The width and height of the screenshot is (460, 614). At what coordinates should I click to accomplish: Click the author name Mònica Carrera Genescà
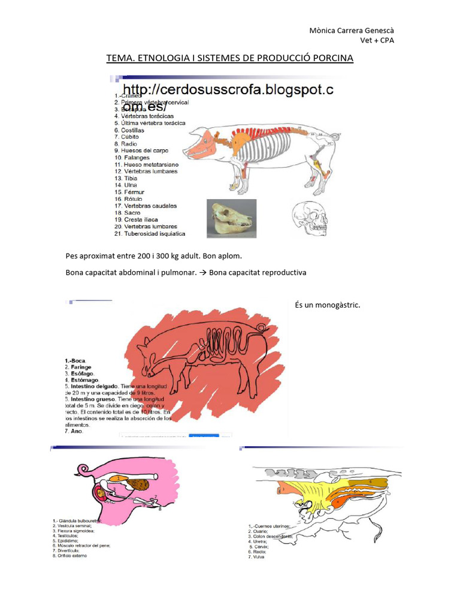tap(351, 31)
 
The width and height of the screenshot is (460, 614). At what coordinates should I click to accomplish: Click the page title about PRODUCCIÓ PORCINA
tap(230, 58)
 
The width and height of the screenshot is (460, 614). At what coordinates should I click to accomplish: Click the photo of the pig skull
tap(232, 219)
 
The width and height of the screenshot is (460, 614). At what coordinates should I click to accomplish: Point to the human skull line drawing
tap(310, 219)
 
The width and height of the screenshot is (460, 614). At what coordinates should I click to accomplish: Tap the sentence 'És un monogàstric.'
tap(328, 305)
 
